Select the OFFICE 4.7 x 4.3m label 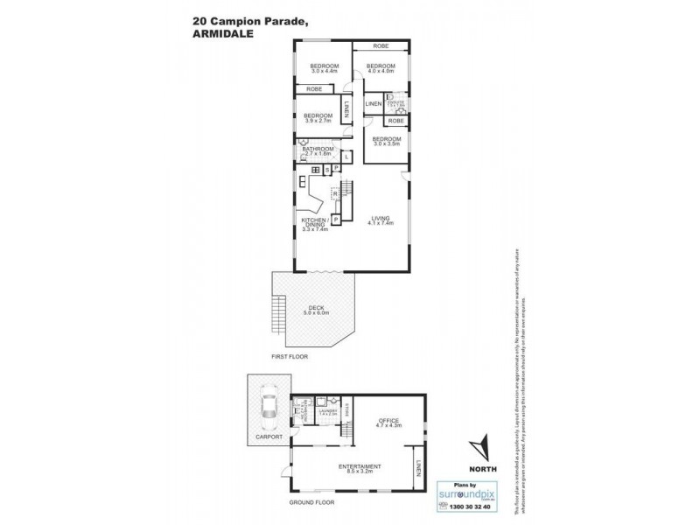click(x=388, y=423)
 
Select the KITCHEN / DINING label click(x=314, y=225)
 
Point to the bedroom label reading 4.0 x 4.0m click(x=381, y=70)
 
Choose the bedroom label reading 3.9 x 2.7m click(x=317, y=118)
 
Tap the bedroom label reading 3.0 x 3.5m click(x=386, y=141)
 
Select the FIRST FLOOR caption click(x=290, y=357)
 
